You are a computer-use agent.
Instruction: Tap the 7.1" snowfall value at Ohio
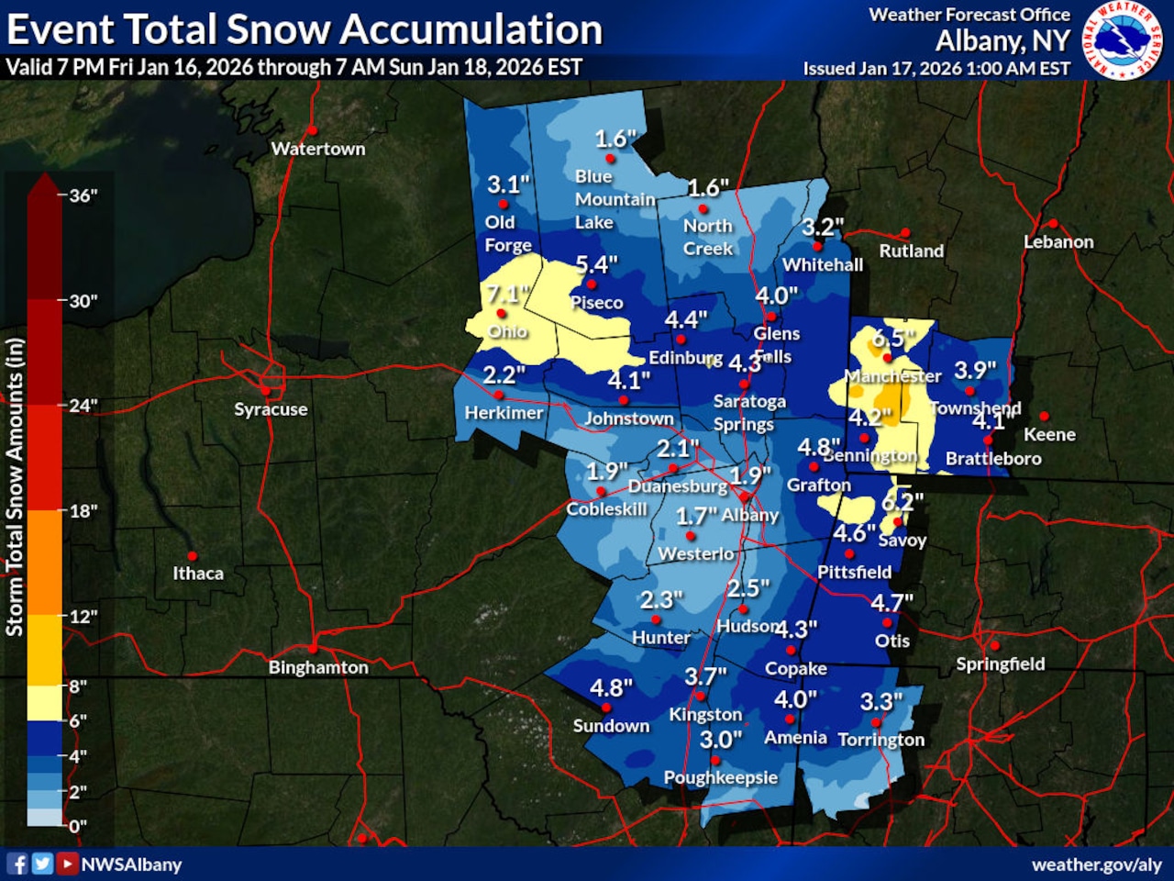click(506, 295)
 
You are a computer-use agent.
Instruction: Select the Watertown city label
click(317, 149)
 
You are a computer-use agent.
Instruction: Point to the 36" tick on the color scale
click(82, 195)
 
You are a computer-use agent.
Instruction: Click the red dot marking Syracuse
click(265, 390)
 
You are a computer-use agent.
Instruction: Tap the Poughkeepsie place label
click(720, 777)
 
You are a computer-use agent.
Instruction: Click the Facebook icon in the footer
click(17, 864)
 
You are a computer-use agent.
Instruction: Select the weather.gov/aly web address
click(1096, 864)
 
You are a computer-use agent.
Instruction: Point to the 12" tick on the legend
click(83, 616)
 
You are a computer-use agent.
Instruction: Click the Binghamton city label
click(317, 667)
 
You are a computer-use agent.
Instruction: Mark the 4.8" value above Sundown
click(611, 687)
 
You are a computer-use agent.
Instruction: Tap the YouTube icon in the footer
click(67, 864)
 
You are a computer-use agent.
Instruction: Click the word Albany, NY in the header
click(1002, 41)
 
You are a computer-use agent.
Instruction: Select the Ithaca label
click(198, 574)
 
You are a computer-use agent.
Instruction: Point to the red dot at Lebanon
click(1053, 224)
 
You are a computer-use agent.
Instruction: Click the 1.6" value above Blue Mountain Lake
click(615, 139)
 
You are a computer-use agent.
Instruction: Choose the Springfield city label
click(1000, 664)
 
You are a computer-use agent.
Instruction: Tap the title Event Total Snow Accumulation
click(305, 29)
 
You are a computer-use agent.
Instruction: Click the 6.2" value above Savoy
click(902, 501)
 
